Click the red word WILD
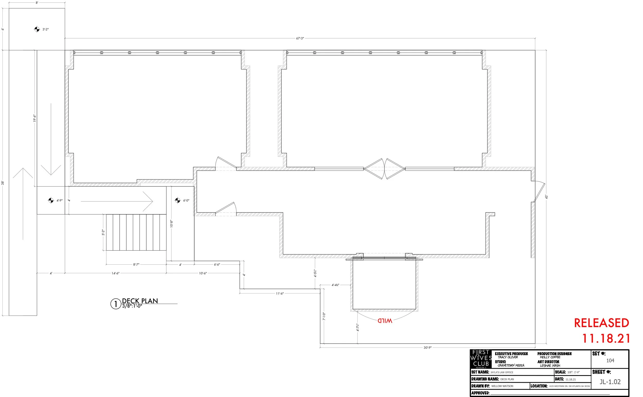click(x=385, y=321)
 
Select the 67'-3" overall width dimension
click(x=300, y=38)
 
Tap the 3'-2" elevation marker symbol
click(x=37, y=29)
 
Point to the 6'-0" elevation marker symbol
click(x=178, y=200)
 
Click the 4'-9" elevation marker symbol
click(x=51, y=200)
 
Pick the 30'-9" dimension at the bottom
click(x=427, y=347)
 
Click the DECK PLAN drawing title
click(x=140, y=301)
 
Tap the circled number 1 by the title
click(x=115, y=304)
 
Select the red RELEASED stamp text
click(x=601, y=323)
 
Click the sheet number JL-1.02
click(x=610, y=382)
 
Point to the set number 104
click(x=610, y=361)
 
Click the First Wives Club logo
click(x=481, y=359)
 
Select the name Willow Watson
click(x=502, y=386)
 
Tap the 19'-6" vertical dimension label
click(x=34, y=118)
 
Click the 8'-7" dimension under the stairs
click(x=136, y=264)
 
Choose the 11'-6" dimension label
click(x=280, y=293)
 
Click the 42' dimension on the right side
click(x=546, y=197)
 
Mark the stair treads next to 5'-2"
click(x=136, y=232)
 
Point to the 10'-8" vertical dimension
click(x=171, y=224)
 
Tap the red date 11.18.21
click(x=606, y=339)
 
